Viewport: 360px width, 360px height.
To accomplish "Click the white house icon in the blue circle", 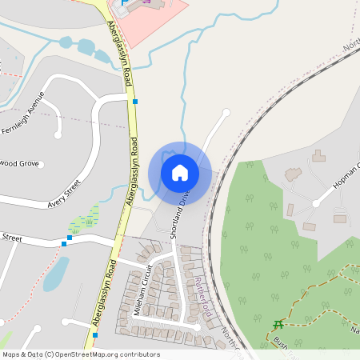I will tap(180, 171).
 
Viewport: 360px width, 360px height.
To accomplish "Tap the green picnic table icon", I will tap(278, 325).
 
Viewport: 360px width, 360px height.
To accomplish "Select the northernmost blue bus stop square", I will tap(136, 102).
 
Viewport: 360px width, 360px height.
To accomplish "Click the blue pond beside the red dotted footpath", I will tap(54, 274).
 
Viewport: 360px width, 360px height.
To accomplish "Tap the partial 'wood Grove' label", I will tap(19, 163).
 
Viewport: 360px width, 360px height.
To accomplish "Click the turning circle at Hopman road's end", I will tap(316, 204).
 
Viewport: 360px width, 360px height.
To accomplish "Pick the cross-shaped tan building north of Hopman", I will tap(318, 155).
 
